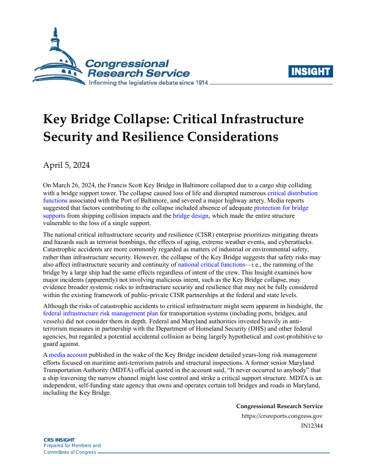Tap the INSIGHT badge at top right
[x=311, y=71]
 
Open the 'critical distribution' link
[x=292, y=192]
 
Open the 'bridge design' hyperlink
[x=191, y=216]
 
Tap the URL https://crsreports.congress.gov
[x=282, y=417]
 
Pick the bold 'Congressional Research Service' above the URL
[x=279, y=406]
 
